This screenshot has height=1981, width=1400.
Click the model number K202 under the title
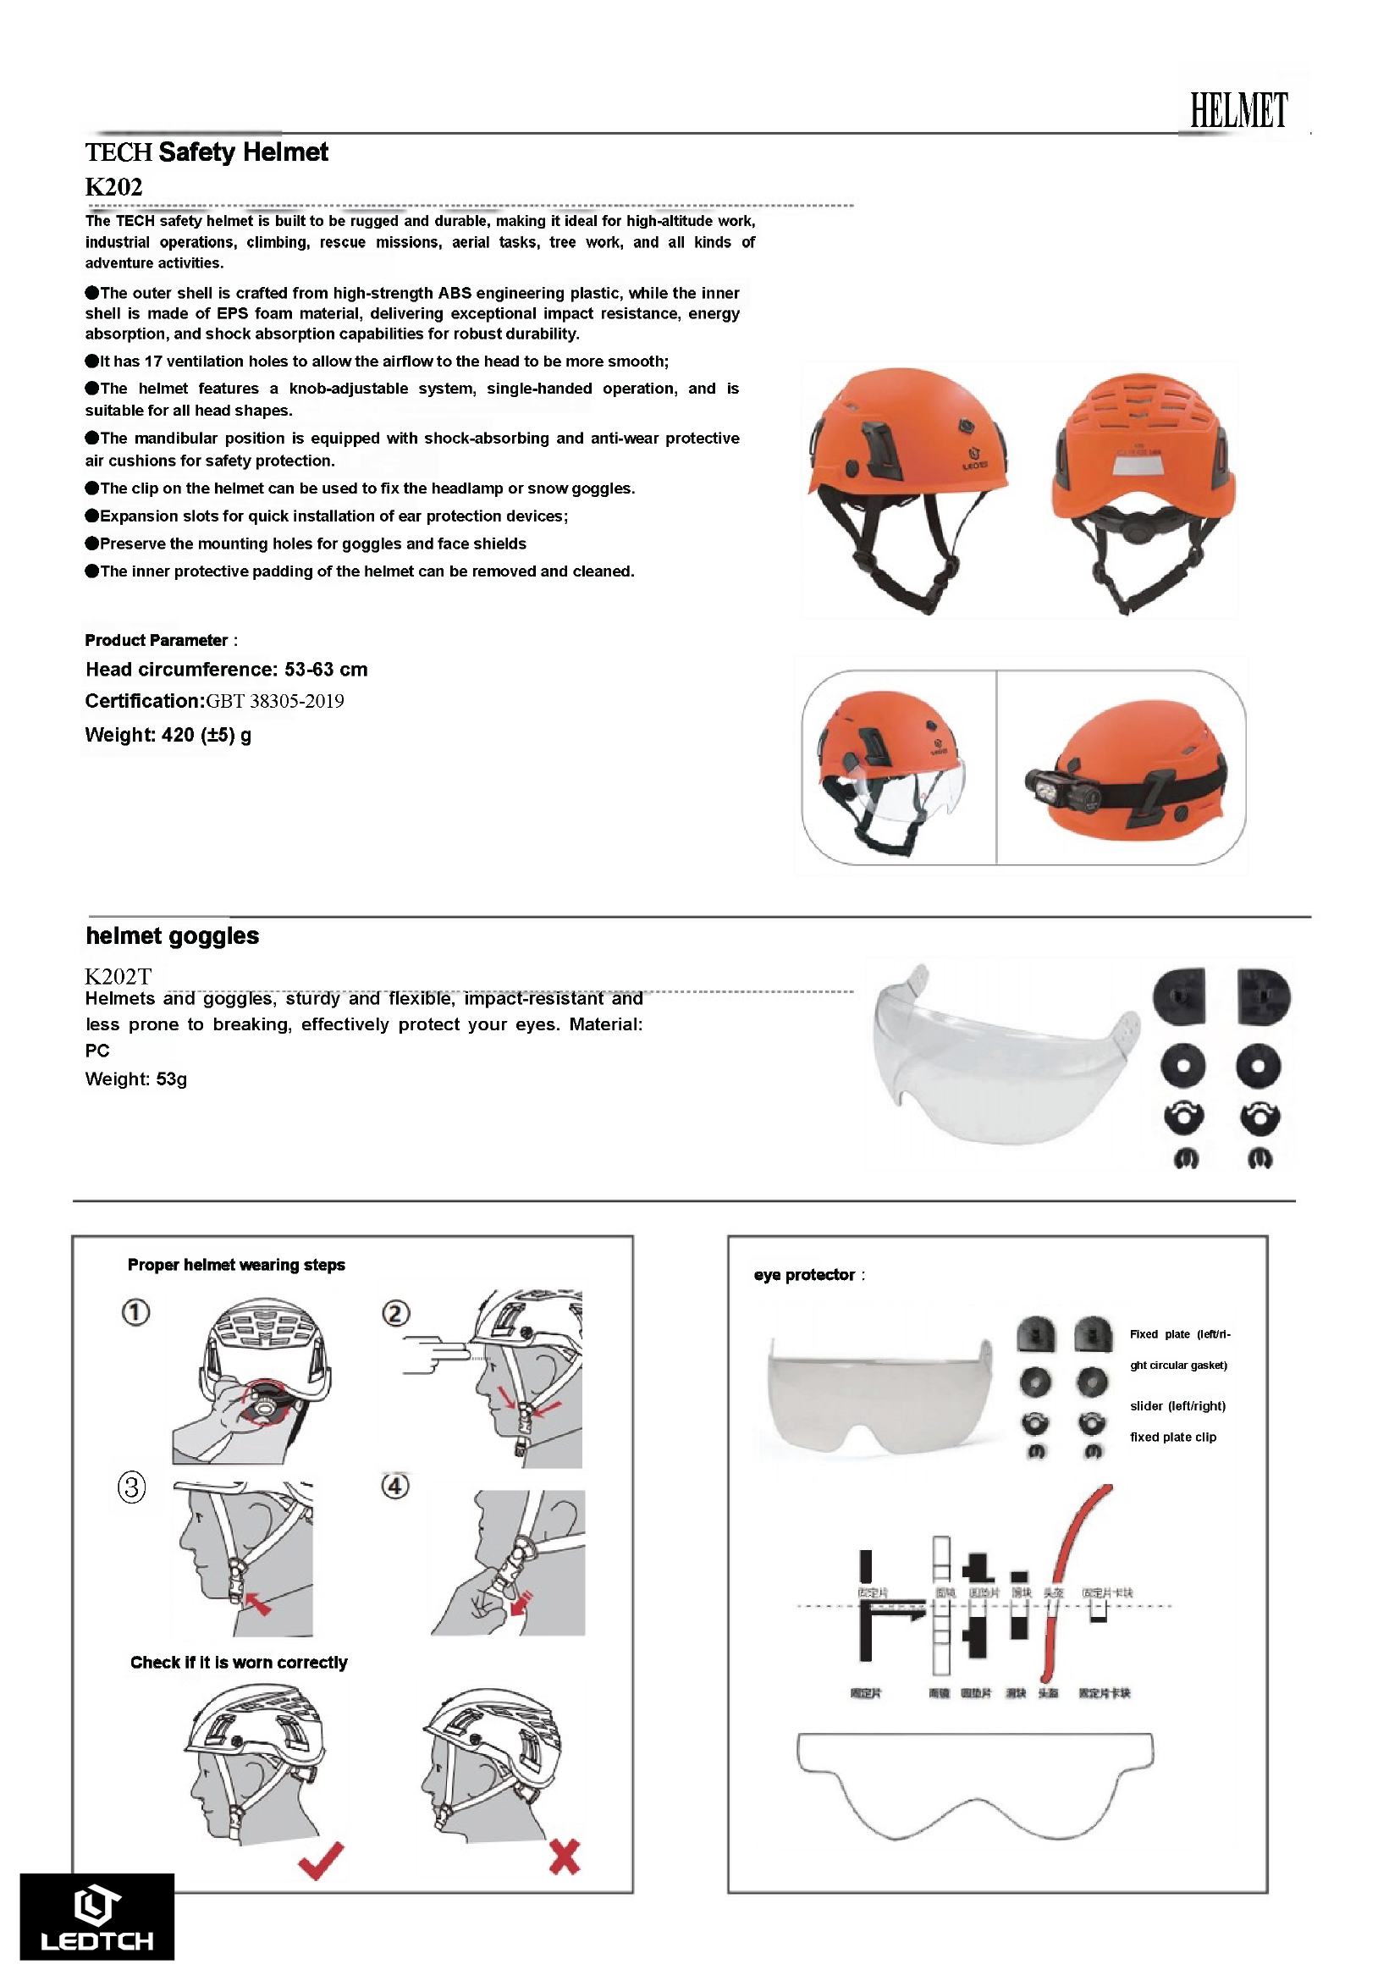113,186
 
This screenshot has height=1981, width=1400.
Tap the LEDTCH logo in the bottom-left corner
96,1918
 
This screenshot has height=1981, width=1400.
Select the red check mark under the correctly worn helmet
320,1860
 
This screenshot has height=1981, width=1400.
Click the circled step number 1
135,1311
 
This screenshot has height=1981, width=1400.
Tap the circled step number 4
395,1486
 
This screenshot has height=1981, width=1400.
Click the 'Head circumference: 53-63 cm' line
226,670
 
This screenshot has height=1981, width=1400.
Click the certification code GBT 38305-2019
274,701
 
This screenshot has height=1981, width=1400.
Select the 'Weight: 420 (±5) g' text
168,735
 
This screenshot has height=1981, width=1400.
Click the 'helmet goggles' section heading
172,935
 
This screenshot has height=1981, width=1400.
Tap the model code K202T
119,976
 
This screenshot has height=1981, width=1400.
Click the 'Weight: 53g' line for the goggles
135,1079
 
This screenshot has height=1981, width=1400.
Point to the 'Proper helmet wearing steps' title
235,1265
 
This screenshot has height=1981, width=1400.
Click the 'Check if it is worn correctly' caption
238,1663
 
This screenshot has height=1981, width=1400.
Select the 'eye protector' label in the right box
804,1275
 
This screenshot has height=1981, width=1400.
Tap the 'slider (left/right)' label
1177,1405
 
